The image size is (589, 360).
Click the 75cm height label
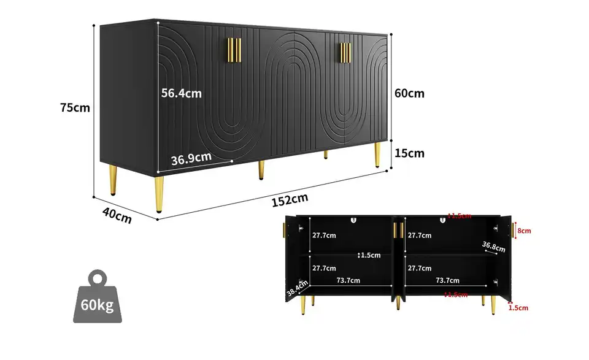(x=75, y=107)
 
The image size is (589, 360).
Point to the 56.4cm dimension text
(x=181, y=94)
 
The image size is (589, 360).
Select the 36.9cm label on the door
(x=191, y=159)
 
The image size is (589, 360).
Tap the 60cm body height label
(x=409, y=93)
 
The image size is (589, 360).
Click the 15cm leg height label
(x=409, y=153)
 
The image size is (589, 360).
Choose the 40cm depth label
(x=117, y=215)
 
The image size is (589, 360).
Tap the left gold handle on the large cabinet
(x=234, y=49)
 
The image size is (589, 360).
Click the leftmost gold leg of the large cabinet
(x=160, y=193)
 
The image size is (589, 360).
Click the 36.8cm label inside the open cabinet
(x=493, y=247)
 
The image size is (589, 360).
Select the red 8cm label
(x=523, y=231)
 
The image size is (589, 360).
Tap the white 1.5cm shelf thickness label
(x=370, y=255)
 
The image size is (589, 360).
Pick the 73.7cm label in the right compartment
(x=448, y=280)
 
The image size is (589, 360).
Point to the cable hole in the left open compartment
(x=353, y=220)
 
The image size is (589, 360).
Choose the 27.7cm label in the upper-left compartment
(x=323, y=235)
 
